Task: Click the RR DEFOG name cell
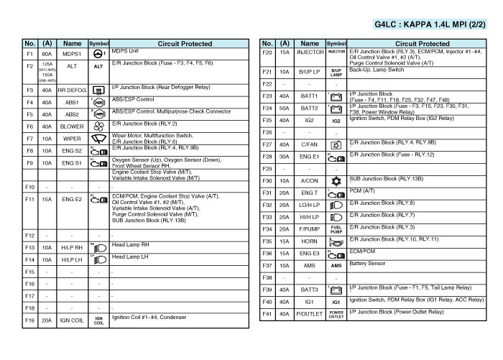[x=72, y=91]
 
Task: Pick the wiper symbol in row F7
[x=99, y=138]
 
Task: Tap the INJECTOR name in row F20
[x=310, y=52]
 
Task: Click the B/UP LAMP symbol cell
[x=336, y=73]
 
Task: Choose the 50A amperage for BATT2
[x=285, y=108]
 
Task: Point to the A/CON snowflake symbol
[x=336, y=180]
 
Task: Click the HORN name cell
[x=310, y=241]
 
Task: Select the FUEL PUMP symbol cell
[x=336, y=229]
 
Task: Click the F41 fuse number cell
[x=267, y=314]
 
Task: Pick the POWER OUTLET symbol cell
[x=336, y=314]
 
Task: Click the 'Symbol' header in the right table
[x=336, y=44]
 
